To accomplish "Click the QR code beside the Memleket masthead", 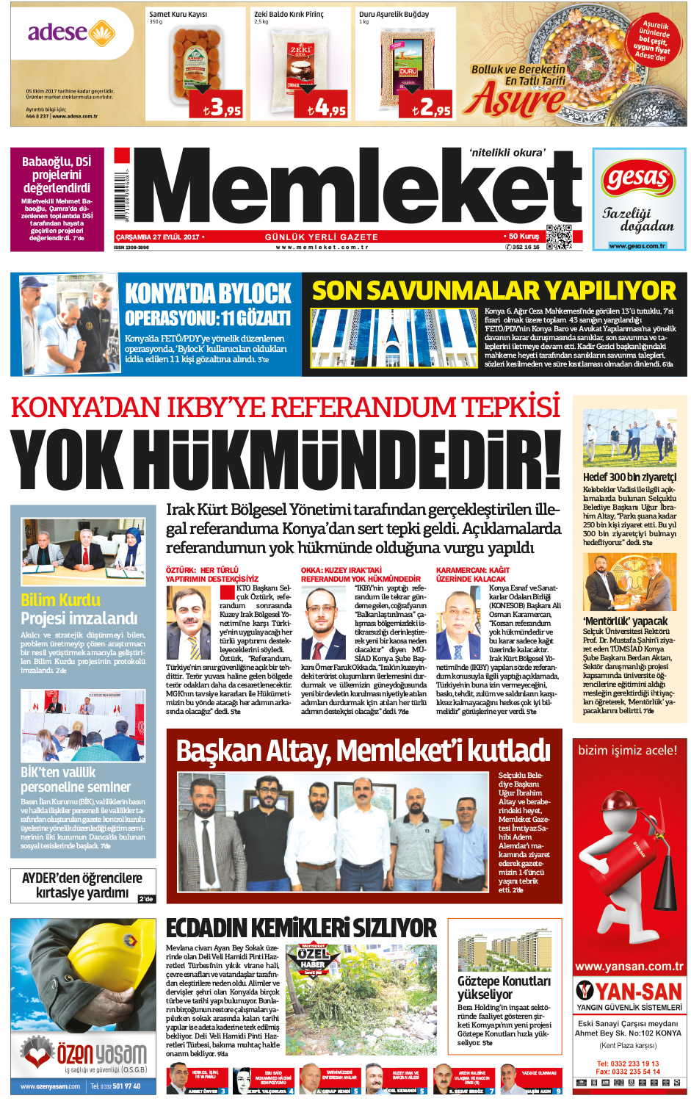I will [x=558, y=237].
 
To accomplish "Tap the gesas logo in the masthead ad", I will [x=637, y=178].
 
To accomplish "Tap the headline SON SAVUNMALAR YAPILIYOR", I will [x=493, y=291].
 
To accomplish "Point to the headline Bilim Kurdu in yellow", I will [x=60, y=600].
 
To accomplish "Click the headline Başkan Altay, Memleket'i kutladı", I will [x=363, y=751].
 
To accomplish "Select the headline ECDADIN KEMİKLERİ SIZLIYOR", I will [x=301, y=928].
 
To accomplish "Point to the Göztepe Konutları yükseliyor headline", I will [x=504, y=987].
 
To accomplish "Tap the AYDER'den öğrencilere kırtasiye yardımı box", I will [x=82, y=885].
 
